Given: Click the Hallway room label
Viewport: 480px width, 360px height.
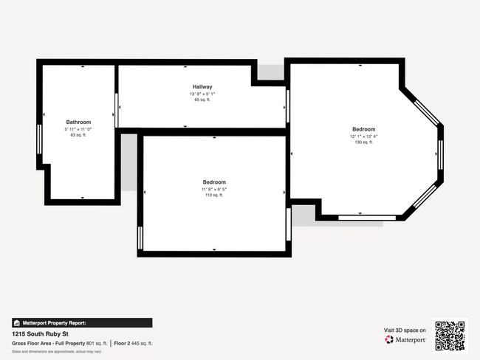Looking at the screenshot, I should tap(202, 86).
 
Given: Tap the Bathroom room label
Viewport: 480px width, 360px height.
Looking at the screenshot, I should tap(78, 122).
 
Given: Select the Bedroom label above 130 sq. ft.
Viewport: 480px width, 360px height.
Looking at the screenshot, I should tap(363, 128).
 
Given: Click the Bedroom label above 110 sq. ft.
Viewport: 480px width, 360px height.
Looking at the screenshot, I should tap(214, 182).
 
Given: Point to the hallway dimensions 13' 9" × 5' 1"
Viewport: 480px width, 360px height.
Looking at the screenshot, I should tap(202, 94).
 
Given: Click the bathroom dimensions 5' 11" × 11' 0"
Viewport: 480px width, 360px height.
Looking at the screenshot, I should tap(78, 129).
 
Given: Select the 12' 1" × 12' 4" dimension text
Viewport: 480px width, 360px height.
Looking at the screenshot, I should tap(363, 136).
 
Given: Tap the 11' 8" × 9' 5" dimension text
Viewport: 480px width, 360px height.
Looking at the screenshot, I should tap(214, 189).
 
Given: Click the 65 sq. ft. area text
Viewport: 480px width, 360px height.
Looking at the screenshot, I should tap(202, 100).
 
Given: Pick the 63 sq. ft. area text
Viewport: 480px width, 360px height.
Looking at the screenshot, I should tap(78, 135).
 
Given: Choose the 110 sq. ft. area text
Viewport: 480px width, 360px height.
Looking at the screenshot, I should tap(214, 195).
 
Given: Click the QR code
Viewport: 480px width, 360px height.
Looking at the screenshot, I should tap(450, 335).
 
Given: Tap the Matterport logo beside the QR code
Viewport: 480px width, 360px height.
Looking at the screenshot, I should tap(405, 340).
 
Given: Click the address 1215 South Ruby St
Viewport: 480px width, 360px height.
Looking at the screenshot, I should tap(35, 333).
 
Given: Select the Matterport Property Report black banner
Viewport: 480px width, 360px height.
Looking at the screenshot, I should tap(82, 322).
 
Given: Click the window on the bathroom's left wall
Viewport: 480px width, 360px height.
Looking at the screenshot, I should tap(38, 139).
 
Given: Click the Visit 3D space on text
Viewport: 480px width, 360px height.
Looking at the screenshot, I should tap(405, 330).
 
